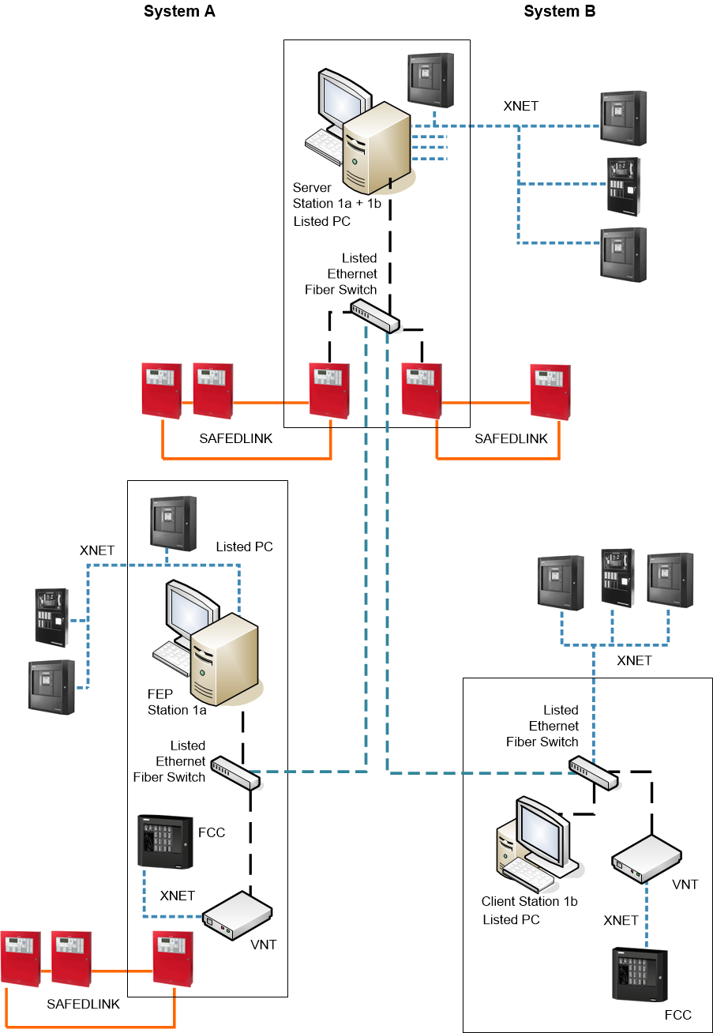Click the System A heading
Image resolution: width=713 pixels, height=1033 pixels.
pos(179,12)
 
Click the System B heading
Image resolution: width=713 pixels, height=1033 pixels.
pos(559,12)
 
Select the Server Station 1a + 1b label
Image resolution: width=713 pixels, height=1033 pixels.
pos(336,204)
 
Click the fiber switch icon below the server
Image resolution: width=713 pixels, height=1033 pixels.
pos(375,314)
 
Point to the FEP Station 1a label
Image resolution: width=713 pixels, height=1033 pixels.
pos(177,701)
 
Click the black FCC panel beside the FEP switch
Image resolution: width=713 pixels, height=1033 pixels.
pos(165,842)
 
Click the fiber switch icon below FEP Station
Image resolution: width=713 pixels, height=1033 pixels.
pos(236,773)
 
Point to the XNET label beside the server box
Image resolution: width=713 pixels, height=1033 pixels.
pos(521,106)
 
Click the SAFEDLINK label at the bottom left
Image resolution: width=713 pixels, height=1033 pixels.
pos(83,1004)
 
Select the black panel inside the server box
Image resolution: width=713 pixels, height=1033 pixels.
pos(430,79)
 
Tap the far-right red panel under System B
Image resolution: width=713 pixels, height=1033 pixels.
pos(550,391)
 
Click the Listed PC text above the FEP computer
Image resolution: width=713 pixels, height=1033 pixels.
pos(245,547)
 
